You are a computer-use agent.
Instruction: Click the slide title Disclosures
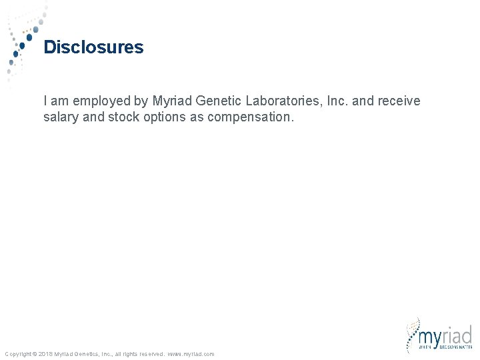click(93, 47)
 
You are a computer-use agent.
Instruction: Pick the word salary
click(61, 117)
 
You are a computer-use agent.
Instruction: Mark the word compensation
click(250, 117)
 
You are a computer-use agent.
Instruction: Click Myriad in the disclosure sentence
click(171, 101)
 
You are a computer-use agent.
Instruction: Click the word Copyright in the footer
click(17, 354)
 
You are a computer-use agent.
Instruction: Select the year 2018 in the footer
click(46, 354)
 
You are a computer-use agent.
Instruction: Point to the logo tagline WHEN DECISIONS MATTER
click(445, 347)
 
